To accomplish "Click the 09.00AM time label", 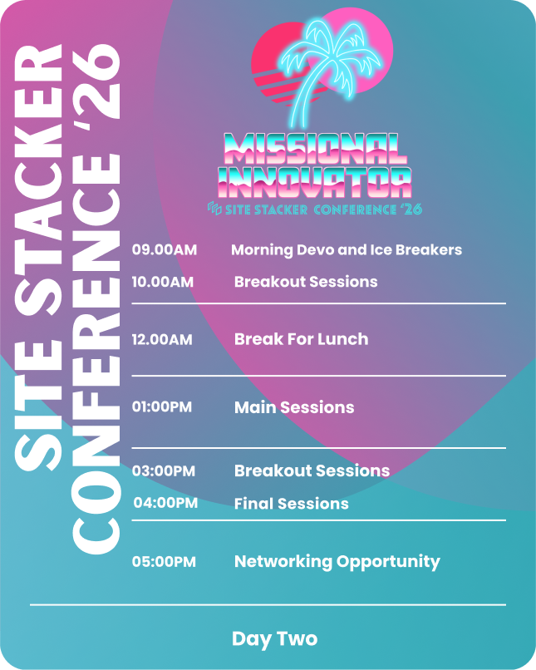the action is coord(165,249).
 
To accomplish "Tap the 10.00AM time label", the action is coord(163,282).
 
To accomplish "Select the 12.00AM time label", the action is coord(162,340).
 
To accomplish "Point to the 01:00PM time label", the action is coord(162,406).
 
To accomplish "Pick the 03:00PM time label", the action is coord(164,470).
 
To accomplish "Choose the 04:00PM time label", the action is coord(165,503).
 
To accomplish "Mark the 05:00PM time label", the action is coord(164,561).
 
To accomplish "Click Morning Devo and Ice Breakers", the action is coord(347,250).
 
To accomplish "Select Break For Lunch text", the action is coord(301,339).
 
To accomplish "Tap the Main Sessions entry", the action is coord(294,407).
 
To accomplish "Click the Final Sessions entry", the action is coord(292,504).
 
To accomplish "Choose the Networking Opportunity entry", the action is coord(337,562).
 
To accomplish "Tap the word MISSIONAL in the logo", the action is coord(315,149).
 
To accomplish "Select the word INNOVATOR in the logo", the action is coord(315,182).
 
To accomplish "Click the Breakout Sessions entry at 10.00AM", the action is coord(306,282).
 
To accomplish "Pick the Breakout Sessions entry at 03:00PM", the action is coord(312,470).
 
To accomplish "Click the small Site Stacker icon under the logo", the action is coord(214,209).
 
